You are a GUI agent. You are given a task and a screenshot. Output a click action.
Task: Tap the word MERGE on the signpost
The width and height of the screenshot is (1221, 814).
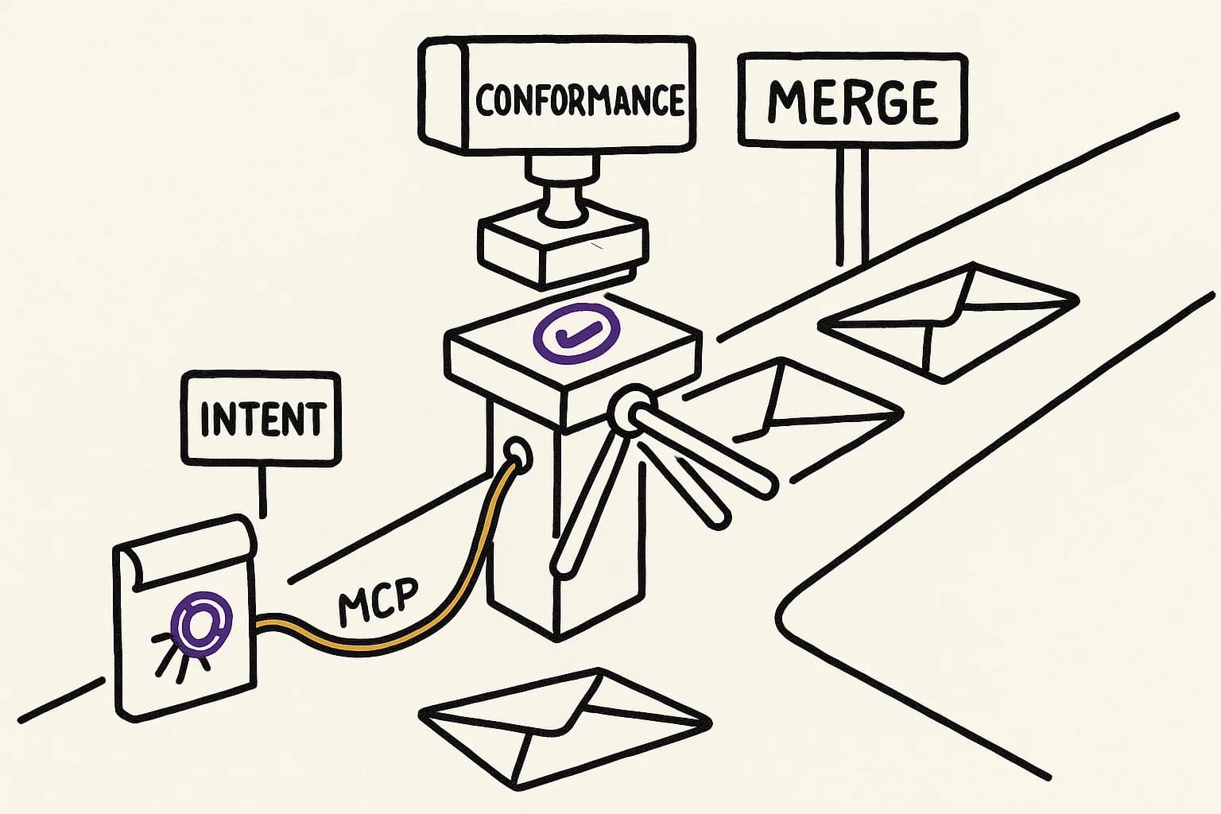point(853,103)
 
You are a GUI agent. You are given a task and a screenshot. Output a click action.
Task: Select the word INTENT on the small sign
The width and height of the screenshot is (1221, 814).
point(262,419)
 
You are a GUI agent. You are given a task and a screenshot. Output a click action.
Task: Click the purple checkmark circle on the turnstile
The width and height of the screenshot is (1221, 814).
point(576,333)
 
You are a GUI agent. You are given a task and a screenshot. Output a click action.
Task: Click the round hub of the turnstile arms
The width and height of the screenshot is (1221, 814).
point(632,410)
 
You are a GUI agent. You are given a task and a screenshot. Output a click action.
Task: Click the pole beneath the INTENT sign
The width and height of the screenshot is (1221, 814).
point(263,489)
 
